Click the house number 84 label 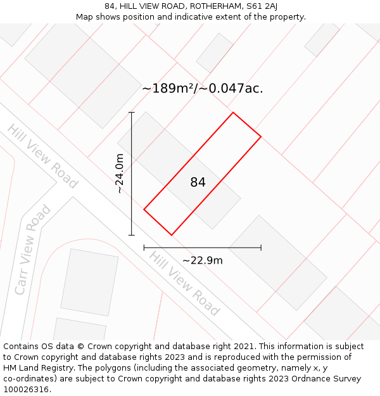[198, 182]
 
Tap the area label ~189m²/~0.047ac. [202, 89]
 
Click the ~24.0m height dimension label [120, 173]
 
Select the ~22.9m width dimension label [202, 260]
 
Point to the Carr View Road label [32, 250]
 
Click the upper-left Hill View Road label [42, 156]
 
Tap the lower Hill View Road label [184, 283]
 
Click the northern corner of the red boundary [233, 113]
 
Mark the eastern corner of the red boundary [261, 136]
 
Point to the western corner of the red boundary [144, 209]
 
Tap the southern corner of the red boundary [171, 235]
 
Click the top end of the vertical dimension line [132, 113]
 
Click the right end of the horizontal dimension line [261, 248]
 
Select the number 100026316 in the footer [27, 390]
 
